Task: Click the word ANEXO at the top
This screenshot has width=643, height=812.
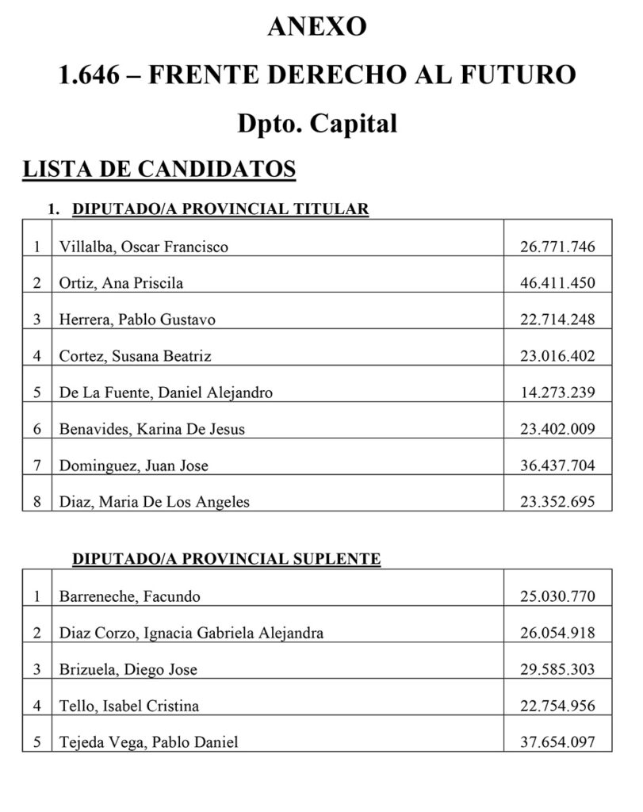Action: pos(317,26)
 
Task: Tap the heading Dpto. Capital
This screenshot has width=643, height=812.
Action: pos(317,124)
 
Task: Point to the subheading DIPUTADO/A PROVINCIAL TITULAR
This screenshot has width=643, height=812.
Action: pos(220,209)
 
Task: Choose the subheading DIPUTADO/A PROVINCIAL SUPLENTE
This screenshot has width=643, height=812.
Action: pos(226,559)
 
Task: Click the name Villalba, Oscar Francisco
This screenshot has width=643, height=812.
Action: pos(144,247)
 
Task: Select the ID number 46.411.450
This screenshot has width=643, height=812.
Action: pos(557,283)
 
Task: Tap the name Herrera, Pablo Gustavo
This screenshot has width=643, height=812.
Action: pos(137,320)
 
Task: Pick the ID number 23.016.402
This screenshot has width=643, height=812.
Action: pos(557,356)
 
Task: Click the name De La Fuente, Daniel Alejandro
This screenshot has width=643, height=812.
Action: pos(166,393)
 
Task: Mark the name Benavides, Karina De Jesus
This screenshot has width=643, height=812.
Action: pos(152,429)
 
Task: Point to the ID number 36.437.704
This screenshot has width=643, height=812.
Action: pos(557,465)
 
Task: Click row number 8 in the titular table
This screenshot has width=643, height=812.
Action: pos(36,502)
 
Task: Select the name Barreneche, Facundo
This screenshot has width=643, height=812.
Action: pos(129,597)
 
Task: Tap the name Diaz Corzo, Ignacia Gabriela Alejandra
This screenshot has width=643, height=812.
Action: pos(191,634)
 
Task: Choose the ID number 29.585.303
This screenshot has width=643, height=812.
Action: pos(557,669)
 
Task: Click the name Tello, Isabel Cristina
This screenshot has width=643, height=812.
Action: pos(128,706)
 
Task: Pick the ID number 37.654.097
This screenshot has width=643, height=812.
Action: pos(557,742)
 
